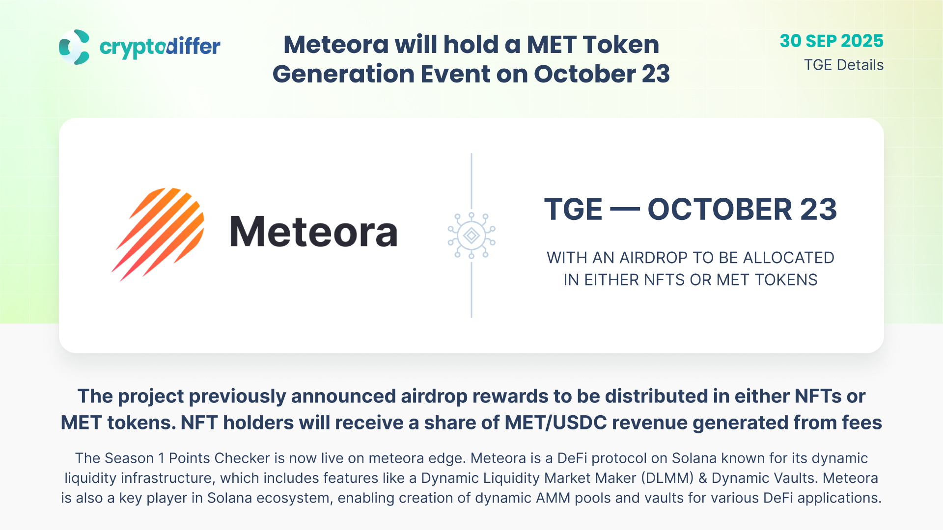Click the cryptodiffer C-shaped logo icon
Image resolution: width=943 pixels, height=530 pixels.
[74, 47]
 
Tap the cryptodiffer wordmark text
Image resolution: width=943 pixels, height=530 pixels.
[160, 48]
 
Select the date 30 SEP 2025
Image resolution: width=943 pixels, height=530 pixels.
[832, 41]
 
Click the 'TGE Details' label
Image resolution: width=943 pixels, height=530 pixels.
[844, 65]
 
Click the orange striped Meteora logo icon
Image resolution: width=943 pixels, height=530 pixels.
[158, 234]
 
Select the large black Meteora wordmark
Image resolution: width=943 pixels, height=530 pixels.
[313, 232]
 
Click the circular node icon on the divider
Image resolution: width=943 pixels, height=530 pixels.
[471, 236]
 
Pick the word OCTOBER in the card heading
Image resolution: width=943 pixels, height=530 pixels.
[720, 210]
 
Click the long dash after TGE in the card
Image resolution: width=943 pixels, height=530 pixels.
[625, 210]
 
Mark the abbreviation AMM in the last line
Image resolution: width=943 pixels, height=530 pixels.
[553, 498]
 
